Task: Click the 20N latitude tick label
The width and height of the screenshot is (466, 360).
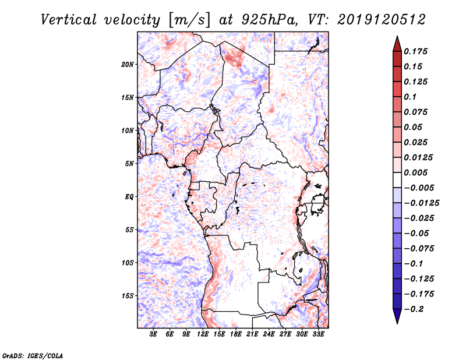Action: [x=128, y=65]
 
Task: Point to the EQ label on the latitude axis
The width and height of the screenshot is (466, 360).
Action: [x=129, y=197]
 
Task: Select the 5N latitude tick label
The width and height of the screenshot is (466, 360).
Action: [x=129, y=164]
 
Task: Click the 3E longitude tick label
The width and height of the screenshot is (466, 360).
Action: [x=153, y=334]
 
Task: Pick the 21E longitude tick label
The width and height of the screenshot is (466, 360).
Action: [x=252, y=334]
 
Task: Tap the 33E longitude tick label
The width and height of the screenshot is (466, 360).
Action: [x=318, y=334]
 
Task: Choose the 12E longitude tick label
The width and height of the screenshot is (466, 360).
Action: [x=202, y=334]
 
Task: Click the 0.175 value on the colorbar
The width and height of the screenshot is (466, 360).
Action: [x=415, y=51]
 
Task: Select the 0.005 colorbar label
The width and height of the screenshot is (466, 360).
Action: [x=415, y=172]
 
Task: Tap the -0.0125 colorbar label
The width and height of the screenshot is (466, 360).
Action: [x=421, y=203]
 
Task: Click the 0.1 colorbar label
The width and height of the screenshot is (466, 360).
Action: [x=410, y=97]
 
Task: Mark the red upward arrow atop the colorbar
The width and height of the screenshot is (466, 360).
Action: [x=397, y=44]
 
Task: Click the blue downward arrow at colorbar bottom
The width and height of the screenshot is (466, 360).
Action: [x=397, y=316]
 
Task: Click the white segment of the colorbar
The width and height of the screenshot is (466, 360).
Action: [x=397, y=180]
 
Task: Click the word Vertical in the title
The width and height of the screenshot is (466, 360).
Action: [x=69, y=20]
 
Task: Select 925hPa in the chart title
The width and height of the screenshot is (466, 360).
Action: [x=269, y=20]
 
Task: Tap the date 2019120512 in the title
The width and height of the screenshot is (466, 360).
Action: [x=382, y=20]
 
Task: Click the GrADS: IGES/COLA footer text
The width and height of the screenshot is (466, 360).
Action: [x=33, y=356]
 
